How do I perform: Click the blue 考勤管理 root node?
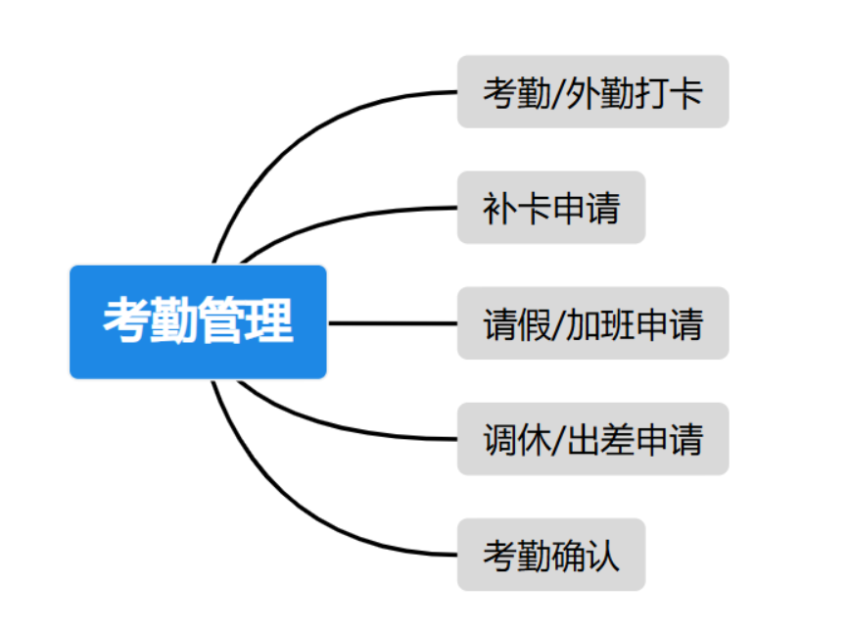(x=197, y=321)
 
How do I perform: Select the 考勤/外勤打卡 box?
(x=592, y=91)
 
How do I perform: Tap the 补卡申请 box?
(x=550, y=207)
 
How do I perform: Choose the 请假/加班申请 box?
(x=592, y=323)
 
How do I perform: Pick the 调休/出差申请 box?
(x=592, y=438)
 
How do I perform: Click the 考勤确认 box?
(x=550, y=555)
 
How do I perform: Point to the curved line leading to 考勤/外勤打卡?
(x=294, y=137)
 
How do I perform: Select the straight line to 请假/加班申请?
(x=392, y=322)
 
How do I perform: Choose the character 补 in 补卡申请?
(x=497, y=208)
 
